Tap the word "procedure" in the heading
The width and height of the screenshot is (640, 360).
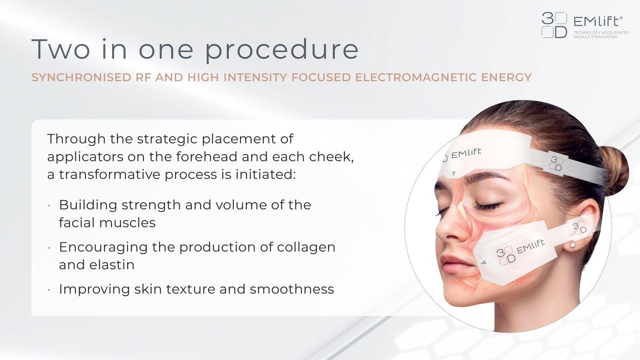point(281,51)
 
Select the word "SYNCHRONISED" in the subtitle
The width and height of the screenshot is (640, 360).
point(81,77)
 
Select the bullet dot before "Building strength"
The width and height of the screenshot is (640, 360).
point(49,205)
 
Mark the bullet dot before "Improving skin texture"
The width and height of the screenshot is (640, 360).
point(49,290)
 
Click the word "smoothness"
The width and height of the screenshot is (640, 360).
point(292,289)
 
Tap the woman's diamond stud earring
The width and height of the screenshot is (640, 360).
point(572,245)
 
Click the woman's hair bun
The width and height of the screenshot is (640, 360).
point(614,170)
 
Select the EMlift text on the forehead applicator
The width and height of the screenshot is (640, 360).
point(466,154)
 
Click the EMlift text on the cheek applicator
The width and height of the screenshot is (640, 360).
point(531,247)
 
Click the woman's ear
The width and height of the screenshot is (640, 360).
point(583,225)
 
